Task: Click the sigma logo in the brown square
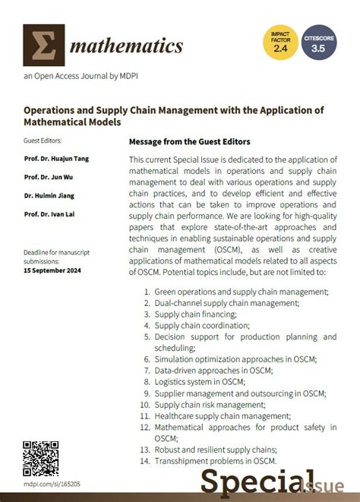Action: (x=44, y=45)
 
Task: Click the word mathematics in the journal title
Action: (x=126, y=46)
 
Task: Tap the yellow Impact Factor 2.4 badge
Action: (x=279, y=43)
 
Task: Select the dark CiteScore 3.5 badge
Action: (x=319, y=43)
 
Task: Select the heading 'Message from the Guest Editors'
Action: (x=190, y=141)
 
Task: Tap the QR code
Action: (x=41, y=458)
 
